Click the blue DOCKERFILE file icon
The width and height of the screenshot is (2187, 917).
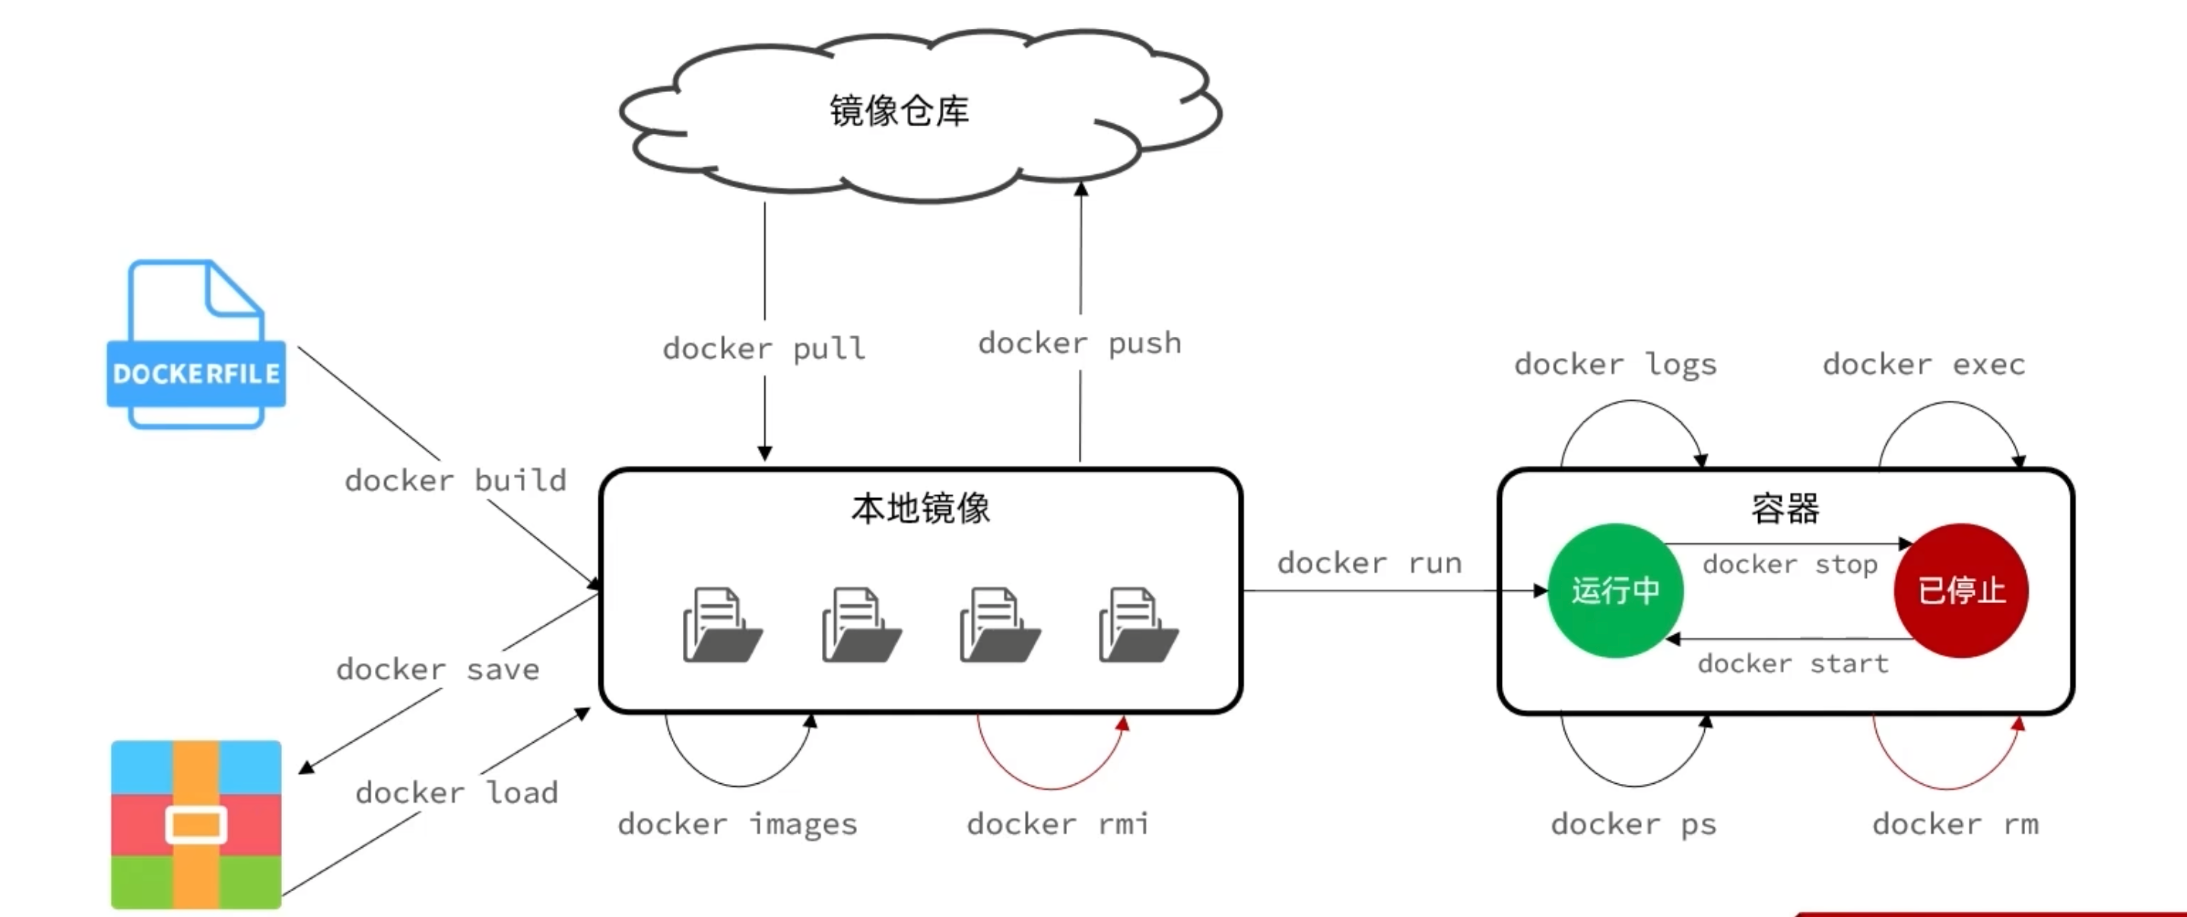[196, 344]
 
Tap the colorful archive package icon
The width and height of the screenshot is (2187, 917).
[196, 823]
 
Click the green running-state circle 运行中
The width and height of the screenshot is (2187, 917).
[1615, 590]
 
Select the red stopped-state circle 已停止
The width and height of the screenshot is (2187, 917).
[1961, 590]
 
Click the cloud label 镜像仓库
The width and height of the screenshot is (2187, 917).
[899, 111]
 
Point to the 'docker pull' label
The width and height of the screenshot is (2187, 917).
[764, 348]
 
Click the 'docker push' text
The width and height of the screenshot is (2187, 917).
[1079, 343]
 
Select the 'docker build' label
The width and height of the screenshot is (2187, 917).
[455, 481]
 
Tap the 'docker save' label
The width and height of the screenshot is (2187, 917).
[438, 669]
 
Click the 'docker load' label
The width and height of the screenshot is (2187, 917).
[457, 792]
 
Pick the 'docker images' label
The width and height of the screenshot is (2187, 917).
[737, 823]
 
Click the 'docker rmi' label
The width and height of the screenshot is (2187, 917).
[1058, 823]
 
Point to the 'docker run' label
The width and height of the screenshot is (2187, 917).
[1370, 563]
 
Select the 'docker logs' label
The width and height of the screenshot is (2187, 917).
[1616, 364]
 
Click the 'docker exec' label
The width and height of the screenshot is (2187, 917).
[1924, 364]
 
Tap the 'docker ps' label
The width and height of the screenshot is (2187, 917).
[1633, 823]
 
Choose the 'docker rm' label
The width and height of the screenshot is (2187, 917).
[1955, 823]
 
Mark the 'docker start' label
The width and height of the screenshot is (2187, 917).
[1793, 663]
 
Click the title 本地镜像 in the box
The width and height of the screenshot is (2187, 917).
[920, 508]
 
